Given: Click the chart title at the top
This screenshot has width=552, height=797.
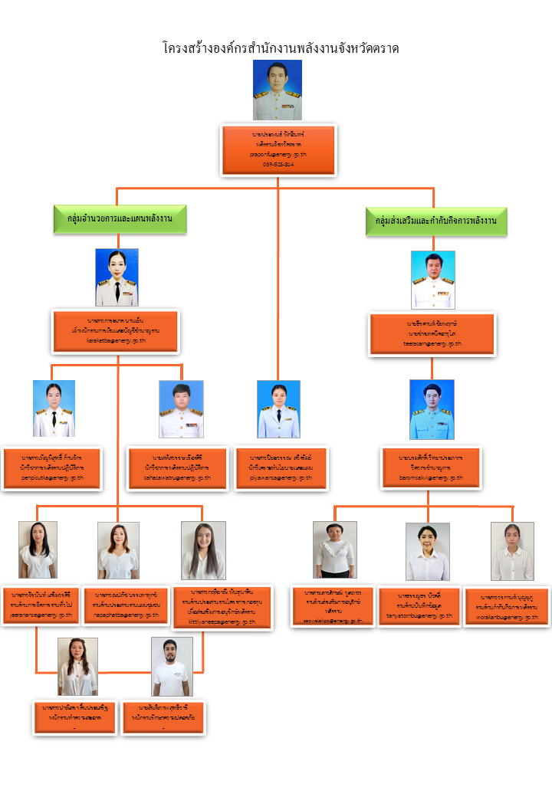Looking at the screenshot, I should tap(281, 48).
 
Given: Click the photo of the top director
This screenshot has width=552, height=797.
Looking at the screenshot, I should tap(278, 90).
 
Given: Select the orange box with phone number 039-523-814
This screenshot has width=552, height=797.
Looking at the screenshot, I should tap(278, 149).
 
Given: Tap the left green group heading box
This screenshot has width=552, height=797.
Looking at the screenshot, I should tap(120, 219).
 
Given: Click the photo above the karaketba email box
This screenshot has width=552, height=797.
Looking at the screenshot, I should tap(117, 277).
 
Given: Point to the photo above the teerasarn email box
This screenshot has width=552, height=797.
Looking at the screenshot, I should tap(433, 280).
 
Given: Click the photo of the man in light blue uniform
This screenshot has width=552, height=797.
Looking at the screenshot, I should tap(432, 409).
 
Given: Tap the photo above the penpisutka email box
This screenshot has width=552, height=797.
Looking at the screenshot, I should tap(54, 409).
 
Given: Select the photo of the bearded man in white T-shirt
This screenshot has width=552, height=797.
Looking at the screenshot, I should tap(172, 667).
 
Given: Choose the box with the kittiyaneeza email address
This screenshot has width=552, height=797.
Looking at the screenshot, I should tap(222, 608).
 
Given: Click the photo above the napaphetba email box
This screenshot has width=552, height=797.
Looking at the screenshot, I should tap(118, 550).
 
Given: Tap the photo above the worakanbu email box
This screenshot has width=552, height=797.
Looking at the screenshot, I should tap(512, 552).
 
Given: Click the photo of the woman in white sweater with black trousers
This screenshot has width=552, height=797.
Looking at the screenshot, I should tap(335, 549).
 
